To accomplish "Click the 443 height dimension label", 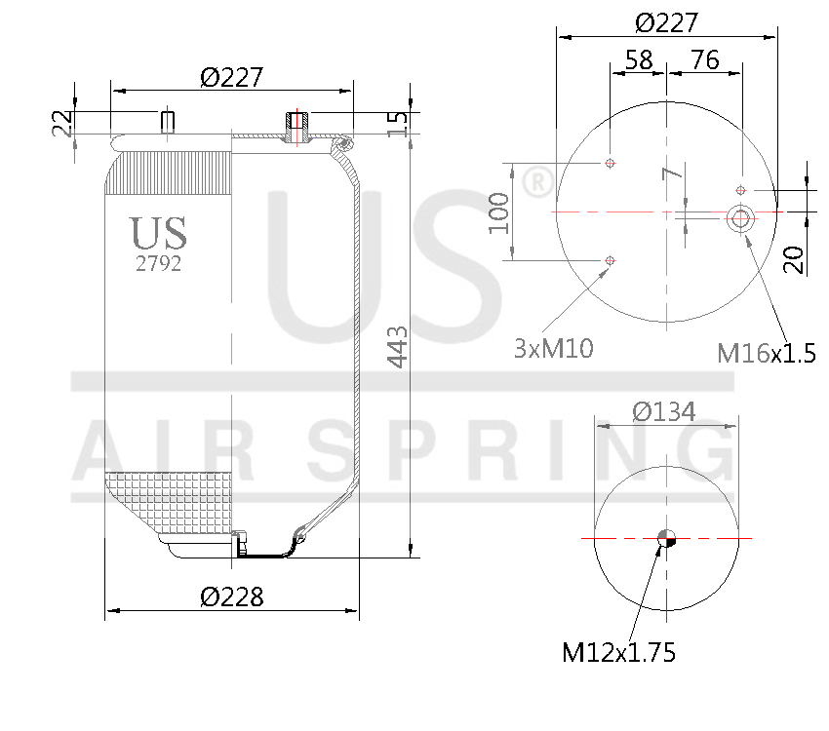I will tap(398, 347).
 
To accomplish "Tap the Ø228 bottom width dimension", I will tap(232, 596).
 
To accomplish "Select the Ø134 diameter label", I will tap(664, 412).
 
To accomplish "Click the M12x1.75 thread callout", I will tap(618, 652).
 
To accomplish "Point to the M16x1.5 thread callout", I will tap(766, 353).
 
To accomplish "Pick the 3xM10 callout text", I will tap(553, 348).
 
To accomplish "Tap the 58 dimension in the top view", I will tap(638, 60).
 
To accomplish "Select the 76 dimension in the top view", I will tap(704, 60).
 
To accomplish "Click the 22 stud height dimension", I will tap(62, 123).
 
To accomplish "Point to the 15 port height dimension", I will tap(397, 123).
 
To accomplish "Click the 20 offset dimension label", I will tap(795, 259).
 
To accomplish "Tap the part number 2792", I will tap(158, 263).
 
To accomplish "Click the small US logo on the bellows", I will tap(158, 234).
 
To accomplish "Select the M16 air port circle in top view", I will tap(740, 218).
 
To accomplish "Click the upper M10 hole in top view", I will tap(611, 162).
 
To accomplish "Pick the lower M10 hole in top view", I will tap(611, 259).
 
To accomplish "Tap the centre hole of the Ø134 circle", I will tap(667, 538).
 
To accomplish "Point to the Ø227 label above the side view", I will tap(232, 78).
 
